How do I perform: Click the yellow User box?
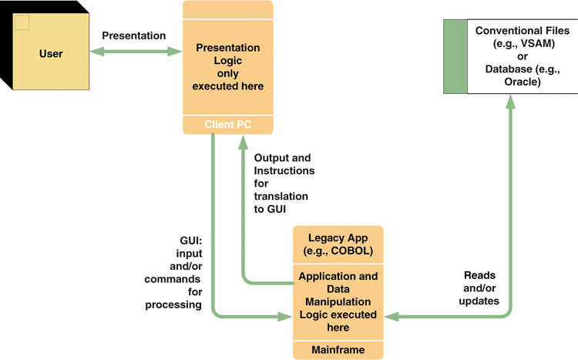(51, 52)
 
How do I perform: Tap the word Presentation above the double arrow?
(134, 35)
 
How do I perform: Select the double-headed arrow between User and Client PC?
(136, 52)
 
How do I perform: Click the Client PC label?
(228, 125)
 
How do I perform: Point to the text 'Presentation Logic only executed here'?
(228, 67)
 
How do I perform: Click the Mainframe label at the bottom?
(338, 350)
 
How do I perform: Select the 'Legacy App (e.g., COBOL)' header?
(338, 244)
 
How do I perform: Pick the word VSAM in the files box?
(536, 43)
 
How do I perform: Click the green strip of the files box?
(455, 56)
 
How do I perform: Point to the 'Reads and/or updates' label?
(479, 288)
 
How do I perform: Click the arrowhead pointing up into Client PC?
(243, 142)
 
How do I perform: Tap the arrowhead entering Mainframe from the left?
(285, 317)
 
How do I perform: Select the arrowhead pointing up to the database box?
(510, 102)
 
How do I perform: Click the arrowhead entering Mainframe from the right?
(391, 317)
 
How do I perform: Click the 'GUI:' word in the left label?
(191, 241)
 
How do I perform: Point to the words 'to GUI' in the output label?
(270, 209)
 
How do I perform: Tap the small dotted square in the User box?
(22, 22)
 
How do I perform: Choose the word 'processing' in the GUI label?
(173, 305)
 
